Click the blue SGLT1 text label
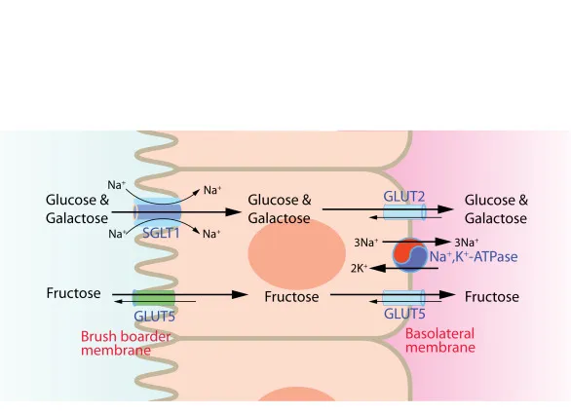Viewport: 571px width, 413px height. coord(162,234)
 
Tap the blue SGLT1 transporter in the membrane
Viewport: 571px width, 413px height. coord(157,211)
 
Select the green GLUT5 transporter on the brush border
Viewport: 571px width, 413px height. coord(153,297)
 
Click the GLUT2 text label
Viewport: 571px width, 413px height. coord(403,196)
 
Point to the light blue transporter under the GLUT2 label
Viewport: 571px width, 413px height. coord(403,210)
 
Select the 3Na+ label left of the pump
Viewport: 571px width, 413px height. coord(367,242)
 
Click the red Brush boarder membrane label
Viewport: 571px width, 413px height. coord(116,343)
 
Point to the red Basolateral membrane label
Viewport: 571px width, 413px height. coord(440,340)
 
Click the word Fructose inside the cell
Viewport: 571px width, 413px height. coord(291,297)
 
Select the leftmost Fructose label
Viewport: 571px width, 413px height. coord(73,292)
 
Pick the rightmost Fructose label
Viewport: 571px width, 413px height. coord(492,296)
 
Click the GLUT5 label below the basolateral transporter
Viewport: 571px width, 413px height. coord(403,315)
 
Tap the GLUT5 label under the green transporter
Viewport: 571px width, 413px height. coord(153,317)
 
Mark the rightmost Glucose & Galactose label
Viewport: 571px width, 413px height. coord(496,209)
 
